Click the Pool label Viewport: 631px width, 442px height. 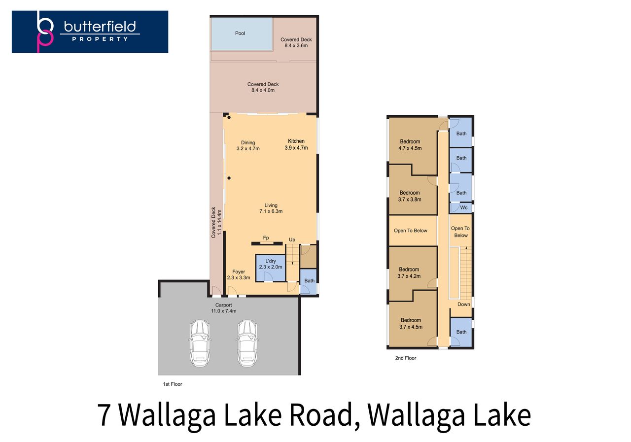pyautogui.click(x=240, y=33)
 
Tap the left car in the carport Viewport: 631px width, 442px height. pyautogui.click(x=200, y=343)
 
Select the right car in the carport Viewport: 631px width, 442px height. pyautogui.click(x=247, y=343)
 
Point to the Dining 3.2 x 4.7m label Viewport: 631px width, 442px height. pyautogui.click(x=248, y=145)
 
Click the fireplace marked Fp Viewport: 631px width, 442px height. pyautogui.click(x=267, y=243)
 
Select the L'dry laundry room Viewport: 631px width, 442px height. pyautogui.click(x=271, y=268)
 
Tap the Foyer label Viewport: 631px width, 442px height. pyautogui.click(x=239, y=272)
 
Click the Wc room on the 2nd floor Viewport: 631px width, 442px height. pyautogui.click(x=461, y=207)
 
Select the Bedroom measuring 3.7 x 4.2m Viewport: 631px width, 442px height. pyautogui.click(x=413, y=273)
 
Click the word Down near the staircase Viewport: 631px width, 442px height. pyautogui.click(x=464, y=305)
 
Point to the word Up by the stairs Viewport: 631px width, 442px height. pyautogui.click(x=292, y=239)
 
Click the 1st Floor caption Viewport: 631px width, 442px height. pyautogui.click(x=173, y=384)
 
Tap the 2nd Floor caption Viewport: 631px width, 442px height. pyautogui.click(x=405, y=358)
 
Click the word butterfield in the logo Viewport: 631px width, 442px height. pyautogui.click(x=100, y=27)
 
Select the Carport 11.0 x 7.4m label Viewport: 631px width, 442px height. pyautogui.click(x=224, y=308)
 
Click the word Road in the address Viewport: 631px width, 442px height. pyautogui.click(x=321, y=415)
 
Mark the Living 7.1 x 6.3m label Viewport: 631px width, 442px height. pyautogui.click(x=271, y=208)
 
